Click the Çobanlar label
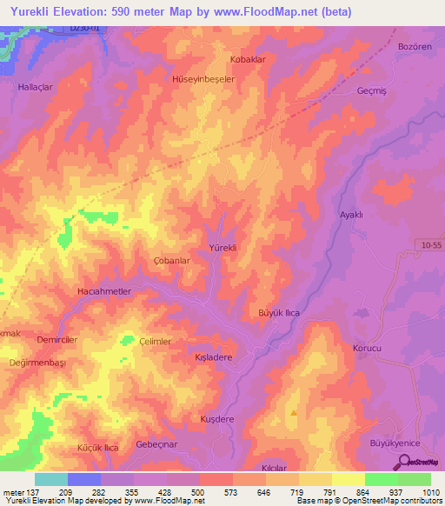point(171,261)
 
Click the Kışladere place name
point(213,356)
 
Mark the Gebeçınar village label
point(156,444)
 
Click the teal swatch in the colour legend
point(51,479)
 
